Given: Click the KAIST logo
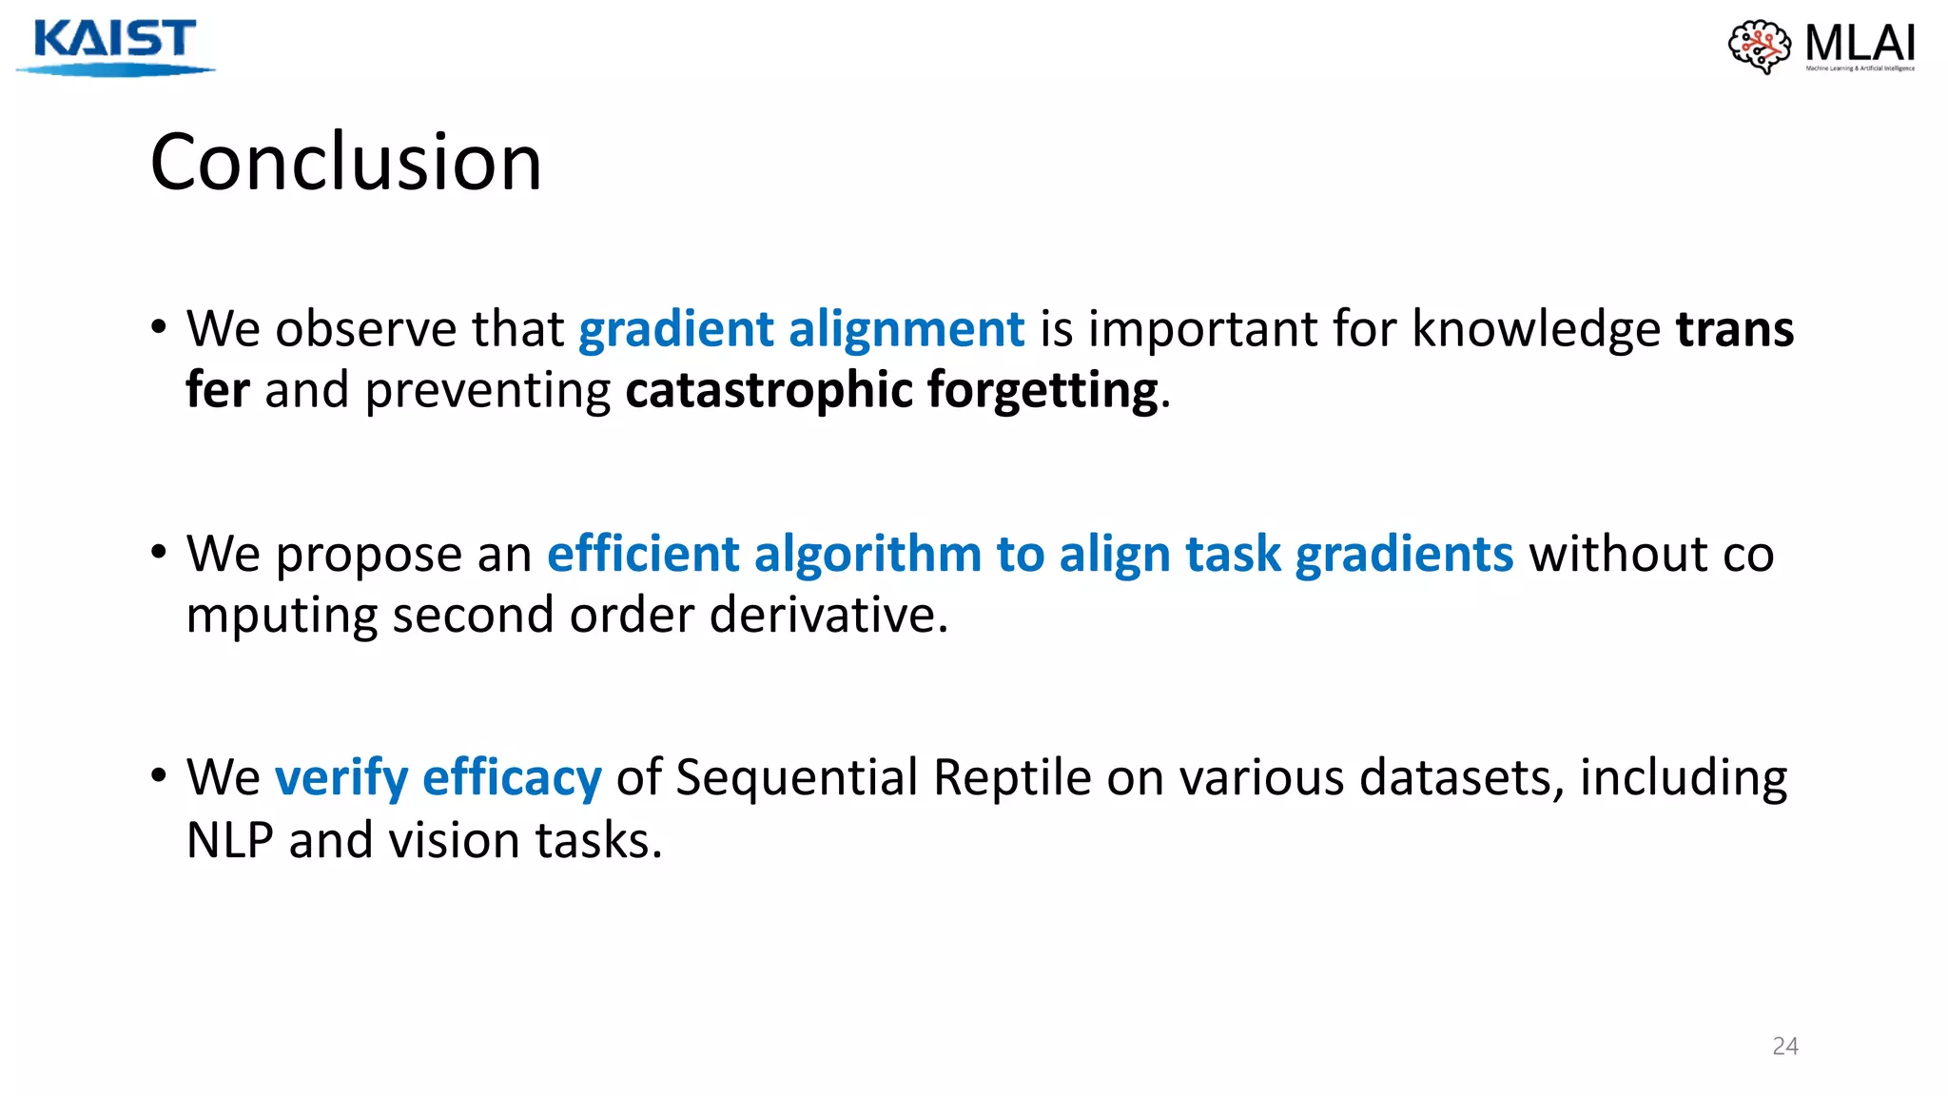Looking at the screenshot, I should (114, 46).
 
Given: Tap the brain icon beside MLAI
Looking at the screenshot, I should (1759, 46).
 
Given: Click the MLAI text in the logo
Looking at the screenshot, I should (1860, 43).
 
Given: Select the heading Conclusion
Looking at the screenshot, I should (345, 162).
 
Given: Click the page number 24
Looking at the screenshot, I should (1784, 1046).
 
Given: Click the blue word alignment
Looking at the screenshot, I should (906, 329).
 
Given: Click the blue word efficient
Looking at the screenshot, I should (643, 554).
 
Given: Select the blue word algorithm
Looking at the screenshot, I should (867, 554).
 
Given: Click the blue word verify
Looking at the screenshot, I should (341, 778).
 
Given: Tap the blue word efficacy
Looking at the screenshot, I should (512, 778).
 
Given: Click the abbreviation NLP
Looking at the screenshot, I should (229, 840).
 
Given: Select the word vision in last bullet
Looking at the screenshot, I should (454, 840).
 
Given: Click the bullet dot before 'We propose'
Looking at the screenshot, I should (159, 553).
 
